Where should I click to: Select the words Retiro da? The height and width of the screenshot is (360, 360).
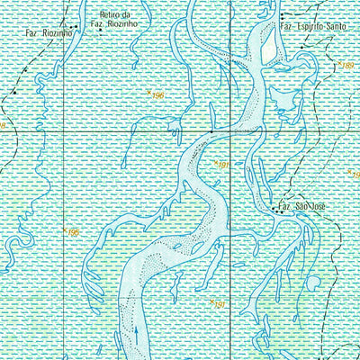(x=116, y=15)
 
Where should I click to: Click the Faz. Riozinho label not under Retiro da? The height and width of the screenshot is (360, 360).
(x=51, y=32)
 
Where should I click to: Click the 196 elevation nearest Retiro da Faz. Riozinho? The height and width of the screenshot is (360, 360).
(x=159, y=94)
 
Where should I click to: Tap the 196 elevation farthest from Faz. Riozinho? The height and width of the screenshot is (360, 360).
(x=74, y=234)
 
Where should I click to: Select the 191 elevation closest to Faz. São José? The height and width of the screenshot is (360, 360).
(x=223, y=166)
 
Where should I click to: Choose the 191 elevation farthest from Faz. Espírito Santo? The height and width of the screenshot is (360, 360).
(x=218, y=306)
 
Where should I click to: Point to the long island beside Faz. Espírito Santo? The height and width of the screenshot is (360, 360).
(x=267, y=45)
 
